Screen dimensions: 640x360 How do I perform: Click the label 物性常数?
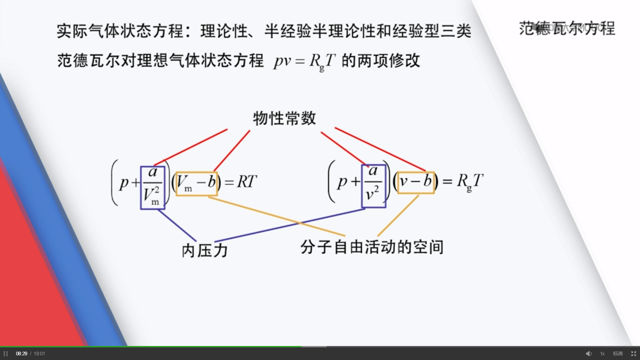284,118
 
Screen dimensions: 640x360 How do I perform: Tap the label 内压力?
205,251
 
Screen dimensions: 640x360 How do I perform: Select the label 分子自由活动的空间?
372,247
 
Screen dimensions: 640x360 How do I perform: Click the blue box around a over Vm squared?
153,188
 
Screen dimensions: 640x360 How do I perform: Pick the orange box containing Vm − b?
197,184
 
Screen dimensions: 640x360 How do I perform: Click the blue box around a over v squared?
374,186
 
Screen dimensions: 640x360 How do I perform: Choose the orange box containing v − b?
416,183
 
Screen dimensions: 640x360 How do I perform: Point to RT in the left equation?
247,182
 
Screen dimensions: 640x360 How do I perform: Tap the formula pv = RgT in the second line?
304,61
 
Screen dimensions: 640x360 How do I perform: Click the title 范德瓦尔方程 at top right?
567,29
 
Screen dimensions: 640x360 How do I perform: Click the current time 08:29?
22,354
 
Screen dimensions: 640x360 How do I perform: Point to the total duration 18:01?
39,354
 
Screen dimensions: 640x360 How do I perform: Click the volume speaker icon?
589,354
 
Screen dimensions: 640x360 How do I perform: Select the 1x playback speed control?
602,354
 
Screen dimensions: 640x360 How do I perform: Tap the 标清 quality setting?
618,354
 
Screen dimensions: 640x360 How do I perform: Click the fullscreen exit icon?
634,354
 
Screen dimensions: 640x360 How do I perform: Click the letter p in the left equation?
124,183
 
